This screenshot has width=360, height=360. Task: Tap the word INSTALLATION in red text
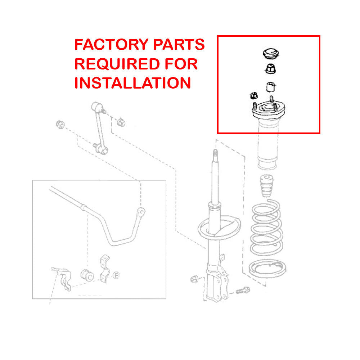pos(133,83)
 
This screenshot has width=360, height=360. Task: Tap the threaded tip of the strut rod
pos(215,154)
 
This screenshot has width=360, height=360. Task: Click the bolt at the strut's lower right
pos(243,289)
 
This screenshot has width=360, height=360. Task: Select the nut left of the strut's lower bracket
pos(194,279)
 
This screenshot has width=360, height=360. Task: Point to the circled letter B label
pos(116,276)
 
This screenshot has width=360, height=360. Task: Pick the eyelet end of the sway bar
pos(142,211)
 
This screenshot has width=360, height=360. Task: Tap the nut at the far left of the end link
pos(60,125)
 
